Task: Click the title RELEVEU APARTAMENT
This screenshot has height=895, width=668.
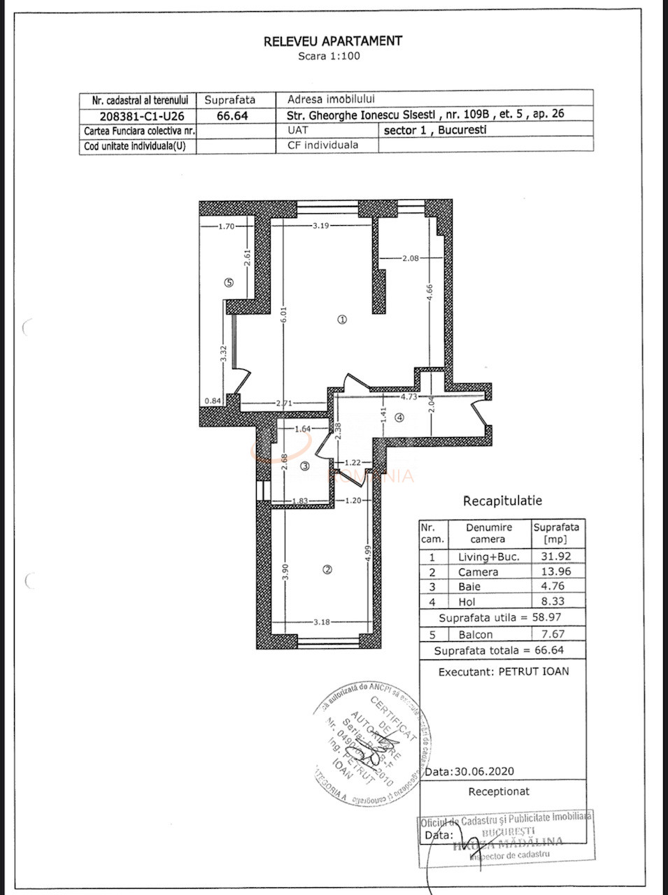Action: (333, 41)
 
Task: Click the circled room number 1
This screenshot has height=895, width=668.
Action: (342, 319)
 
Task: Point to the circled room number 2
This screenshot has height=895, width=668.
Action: (327, 569)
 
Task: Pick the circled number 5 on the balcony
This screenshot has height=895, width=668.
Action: (228, 282)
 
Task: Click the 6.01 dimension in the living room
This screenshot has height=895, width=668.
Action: (285, 321)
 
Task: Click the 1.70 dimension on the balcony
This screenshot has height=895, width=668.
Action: (225, 226)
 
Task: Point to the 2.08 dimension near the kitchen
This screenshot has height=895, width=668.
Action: (411, 259)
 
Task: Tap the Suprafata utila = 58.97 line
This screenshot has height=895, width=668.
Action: (501, 618)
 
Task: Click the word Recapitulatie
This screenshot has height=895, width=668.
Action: (502, 501)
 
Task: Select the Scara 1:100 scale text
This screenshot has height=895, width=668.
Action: (329, 56)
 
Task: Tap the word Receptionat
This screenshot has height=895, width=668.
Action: (499, 792)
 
